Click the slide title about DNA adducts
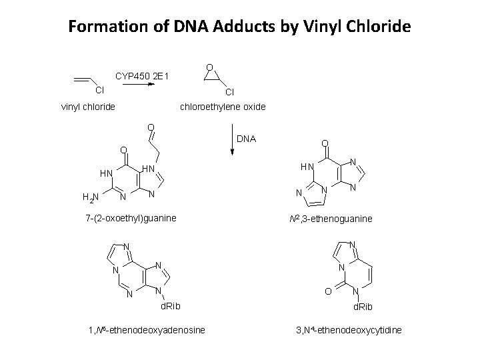240,27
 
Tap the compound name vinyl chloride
88,106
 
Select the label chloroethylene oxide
223,106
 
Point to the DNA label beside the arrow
247,139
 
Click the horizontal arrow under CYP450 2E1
141,85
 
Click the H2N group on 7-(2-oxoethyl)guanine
90,196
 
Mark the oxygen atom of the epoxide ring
209,67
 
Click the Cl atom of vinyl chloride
99,90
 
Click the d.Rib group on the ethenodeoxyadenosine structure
169,306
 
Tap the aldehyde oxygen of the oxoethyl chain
151,127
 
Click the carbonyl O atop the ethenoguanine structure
324,143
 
